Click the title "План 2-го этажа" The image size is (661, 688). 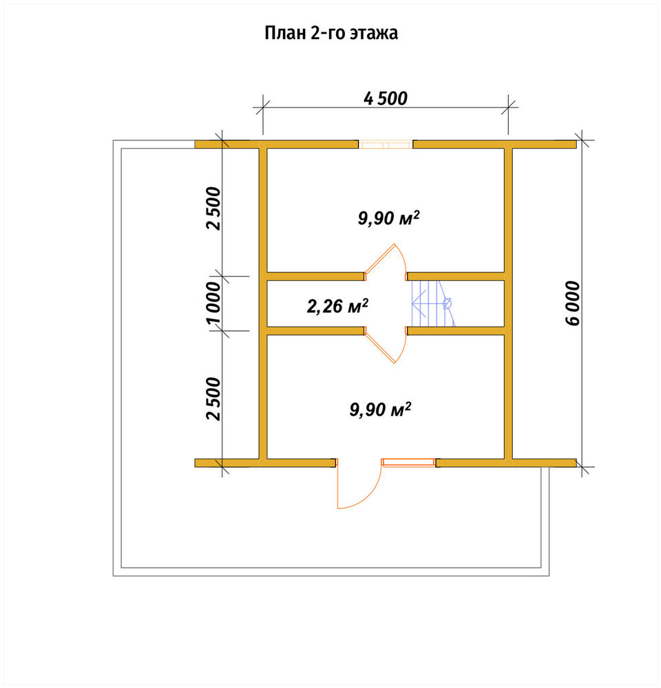(331, 33)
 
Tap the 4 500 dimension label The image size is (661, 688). (386, 98)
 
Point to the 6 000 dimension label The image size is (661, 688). (574, 303)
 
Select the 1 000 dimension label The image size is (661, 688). (213, 303)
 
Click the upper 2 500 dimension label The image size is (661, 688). (213, 208)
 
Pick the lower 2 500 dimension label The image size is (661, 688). (213, 398)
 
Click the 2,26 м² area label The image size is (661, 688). (337, 306)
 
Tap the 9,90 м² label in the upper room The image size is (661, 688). (389, 217)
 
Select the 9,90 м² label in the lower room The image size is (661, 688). (380, 409)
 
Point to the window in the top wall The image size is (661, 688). (386, 144)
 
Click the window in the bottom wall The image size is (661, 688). (408, 462)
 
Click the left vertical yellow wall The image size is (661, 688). (262, 303)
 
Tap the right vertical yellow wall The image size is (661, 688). (508, 303)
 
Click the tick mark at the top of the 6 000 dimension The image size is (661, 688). (582, 140)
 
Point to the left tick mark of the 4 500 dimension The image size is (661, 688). (262, 107)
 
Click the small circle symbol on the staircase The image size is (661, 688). (448, 303)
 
